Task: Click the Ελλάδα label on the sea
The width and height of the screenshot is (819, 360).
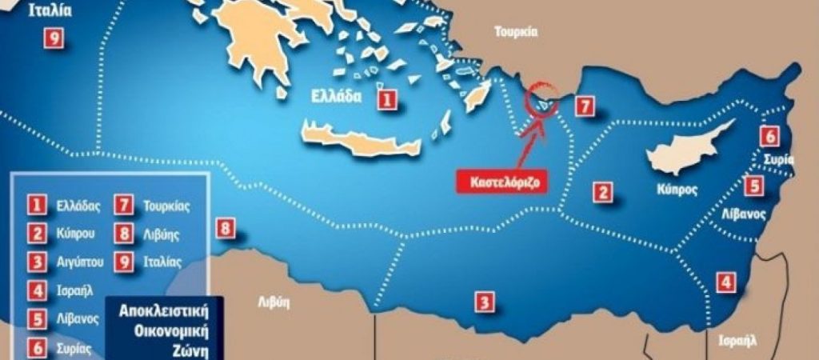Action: click(x=335, y=98)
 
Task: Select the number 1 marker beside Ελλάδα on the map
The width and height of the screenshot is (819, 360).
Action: click(x=386, y=99)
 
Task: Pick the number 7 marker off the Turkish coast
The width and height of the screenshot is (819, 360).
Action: click(x=585, y=106)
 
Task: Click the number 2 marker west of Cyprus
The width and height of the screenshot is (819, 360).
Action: click(x=601, y=192)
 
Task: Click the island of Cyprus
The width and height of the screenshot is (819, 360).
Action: click(x=688, y=148)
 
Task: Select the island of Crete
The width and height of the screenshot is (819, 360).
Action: click(x=360, y=139)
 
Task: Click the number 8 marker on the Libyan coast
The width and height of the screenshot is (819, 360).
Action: click(x=226, y=230)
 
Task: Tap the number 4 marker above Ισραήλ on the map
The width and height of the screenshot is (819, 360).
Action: click(x=725, y=282)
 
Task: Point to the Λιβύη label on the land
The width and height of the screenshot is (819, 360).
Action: click(x=274, y=302)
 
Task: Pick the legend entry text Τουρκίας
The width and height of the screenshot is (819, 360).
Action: click(x=165, y=206)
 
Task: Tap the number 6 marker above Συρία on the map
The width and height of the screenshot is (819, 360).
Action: click(x=769, y=136)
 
